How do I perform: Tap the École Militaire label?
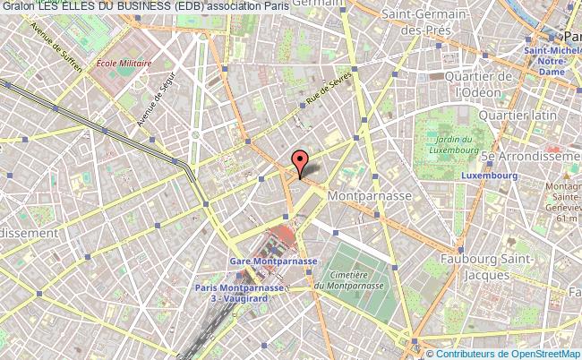click(x=124, y=64)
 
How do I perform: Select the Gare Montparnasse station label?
click(x=273, y=261)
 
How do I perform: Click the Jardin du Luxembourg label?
click(x=455, y=144)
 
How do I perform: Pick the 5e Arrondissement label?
click(x=531, y=155)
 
